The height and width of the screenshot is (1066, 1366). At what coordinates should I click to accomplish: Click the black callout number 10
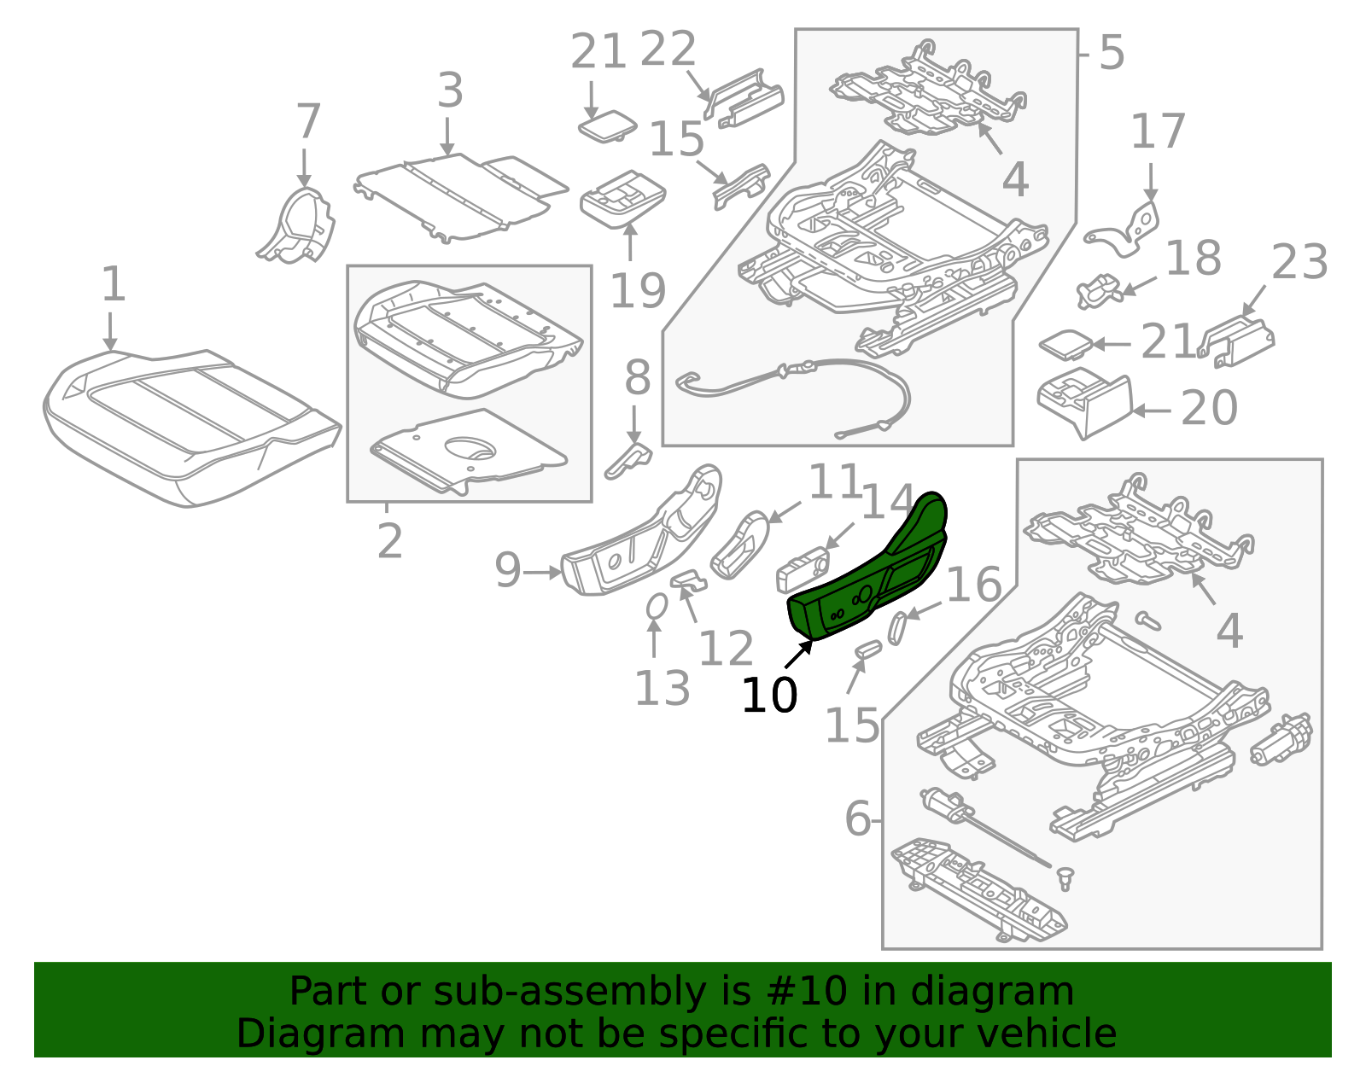tap(769, 696)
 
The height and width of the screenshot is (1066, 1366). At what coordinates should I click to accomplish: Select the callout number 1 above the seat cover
tap(114, 284)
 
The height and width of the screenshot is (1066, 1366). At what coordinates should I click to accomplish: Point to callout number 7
tap(307, 122)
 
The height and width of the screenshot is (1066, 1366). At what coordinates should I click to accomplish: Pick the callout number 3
tap(450, 90)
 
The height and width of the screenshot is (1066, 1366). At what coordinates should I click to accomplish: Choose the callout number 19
tap(637, 291)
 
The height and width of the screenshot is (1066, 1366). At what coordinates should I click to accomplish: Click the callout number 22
tap(668, 50)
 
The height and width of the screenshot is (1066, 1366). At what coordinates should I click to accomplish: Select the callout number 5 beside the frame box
tap(1111, 53)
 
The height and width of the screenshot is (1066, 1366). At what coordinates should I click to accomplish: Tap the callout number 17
tap(1158, 132)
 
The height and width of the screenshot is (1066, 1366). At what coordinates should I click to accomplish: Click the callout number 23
tap(1299, 262)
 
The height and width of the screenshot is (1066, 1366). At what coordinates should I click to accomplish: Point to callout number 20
tap(1209, 408)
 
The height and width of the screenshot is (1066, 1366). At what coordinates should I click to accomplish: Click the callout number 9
tap(508, 569)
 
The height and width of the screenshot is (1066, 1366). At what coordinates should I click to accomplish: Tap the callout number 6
tap(857, 819)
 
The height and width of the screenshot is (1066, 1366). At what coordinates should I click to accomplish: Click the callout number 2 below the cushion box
tap(389, 541)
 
